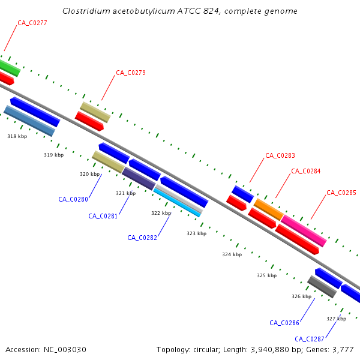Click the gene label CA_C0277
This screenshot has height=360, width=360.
tap(32, 23)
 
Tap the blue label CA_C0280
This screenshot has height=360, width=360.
tap(73, 199)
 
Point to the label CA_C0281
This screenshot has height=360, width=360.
tap(103, 216)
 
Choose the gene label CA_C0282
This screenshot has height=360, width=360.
tap(142, 238)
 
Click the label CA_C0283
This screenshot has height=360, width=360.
tap(280, 155)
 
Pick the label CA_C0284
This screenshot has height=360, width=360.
tap(306, 171)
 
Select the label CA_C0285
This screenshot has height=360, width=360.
tap(341, 193)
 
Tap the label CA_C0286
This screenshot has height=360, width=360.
tap(284, 323)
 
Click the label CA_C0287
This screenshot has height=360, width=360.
tap(310, 338)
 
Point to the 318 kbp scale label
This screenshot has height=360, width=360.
tap(17, 137)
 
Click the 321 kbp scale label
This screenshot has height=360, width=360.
tap(126, 193)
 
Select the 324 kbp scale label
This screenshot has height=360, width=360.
tap(232, 254)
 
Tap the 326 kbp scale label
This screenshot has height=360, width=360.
tap(301, 296)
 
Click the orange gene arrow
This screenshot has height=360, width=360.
tap(268, 209)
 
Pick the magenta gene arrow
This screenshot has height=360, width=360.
tap(304, 230)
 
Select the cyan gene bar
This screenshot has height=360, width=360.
tap(178, 202)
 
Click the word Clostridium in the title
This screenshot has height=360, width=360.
tap(87, 11)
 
